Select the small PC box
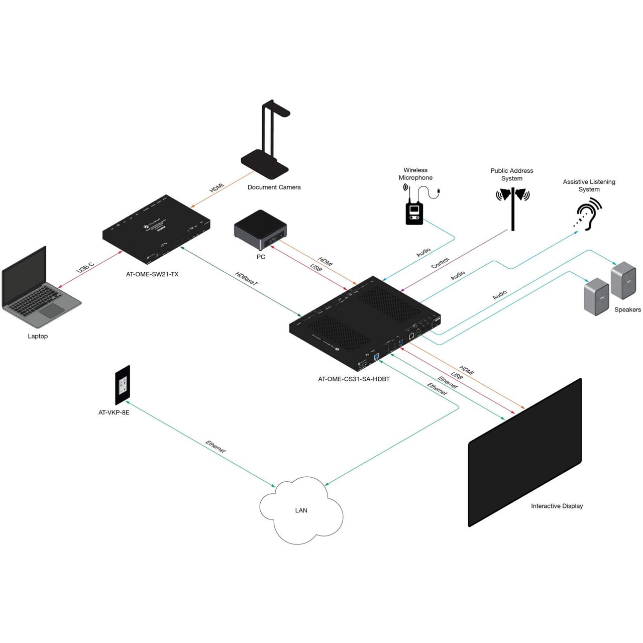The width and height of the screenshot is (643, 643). pos(260,230)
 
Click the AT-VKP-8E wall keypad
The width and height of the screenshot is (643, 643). pos(123,385)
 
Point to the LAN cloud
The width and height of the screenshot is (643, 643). pos(301,510)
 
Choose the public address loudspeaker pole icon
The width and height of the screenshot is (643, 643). pos(512,206)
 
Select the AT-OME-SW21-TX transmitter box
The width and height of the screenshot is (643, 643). pos(156,232)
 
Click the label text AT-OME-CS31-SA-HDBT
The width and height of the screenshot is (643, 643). pos(354,379)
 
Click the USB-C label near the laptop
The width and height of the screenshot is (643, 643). pos(85,267)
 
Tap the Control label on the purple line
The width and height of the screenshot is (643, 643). pos(440,263)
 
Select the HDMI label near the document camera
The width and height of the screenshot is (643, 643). pos(217,188)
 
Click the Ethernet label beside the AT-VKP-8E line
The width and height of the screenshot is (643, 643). pos(216,447)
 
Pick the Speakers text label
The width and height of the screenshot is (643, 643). pos(627,309)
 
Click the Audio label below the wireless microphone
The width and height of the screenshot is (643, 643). pos(423,252)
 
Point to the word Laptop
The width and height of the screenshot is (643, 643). pos(38,336)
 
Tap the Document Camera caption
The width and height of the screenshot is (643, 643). pos(274,187)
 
